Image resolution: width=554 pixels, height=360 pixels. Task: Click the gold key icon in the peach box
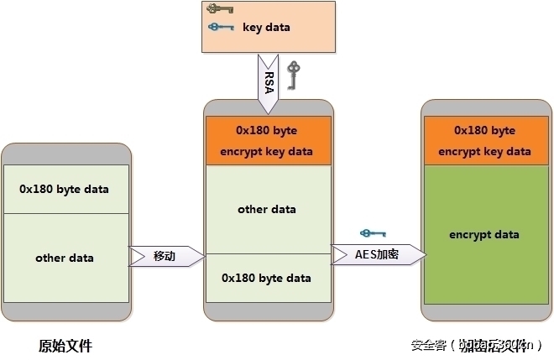coord(220,10)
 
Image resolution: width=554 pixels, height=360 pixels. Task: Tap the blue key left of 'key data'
coord(220,27)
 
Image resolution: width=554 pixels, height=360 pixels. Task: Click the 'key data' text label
coord(266,27)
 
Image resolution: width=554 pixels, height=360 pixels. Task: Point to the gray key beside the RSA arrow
coord(293,75)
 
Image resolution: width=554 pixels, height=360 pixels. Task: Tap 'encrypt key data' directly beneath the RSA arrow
coord(267,152)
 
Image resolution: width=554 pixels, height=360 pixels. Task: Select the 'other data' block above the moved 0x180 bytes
coord(267,209)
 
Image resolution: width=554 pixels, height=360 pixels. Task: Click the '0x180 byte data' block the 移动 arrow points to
coord(266,278)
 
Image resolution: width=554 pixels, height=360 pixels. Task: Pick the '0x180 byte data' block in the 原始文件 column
coord(64,189)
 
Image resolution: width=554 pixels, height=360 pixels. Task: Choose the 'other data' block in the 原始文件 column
coord(64,258)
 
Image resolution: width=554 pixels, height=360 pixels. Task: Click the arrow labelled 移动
coord(166,256)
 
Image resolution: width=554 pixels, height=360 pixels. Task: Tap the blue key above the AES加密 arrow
coord(371,233)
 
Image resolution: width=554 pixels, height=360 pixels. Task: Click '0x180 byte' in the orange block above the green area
coord(484,131)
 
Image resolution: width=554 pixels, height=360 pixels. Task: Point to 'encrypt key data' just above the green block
coord(484,152)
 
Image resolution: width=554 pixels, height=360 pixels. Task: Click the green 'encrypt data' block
coord(484,235)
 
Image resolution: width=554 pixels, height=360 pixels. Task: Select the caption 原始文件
coord(65,345)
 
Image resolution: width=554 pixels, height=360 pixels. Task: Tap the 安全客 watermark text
coord(428,345)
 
